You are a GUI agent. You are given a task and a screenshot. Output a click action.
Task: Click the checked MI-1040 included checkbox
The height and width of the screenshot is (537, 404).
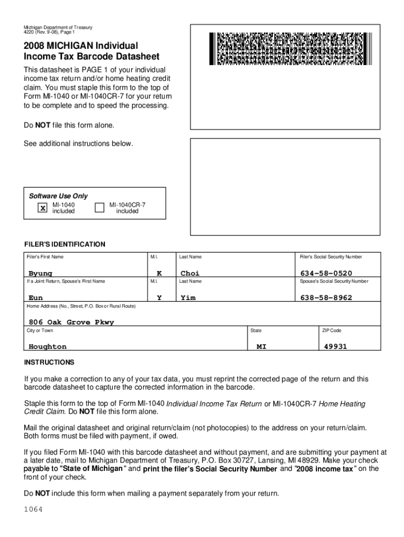coord(42,208)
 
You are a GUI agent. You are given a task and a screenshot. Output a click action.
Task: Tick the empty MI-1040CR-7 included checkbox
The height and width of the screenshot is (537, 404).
coord(99,208)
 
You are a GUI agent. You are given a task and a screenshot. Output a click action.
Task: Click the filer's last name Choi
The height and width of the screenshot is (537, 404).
coord(190,273)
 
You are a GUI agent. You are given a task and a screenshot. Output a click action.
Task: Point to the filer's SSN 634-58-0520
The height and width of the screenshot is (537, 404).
coord(326,273)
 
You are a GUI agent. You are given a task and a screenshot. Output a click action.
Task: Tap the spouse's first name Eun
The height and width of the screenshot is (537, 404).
coord(36,297)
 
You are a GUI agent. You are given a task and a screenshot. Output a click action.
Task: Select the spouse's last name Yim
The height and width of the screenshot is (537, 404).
coord(188,297)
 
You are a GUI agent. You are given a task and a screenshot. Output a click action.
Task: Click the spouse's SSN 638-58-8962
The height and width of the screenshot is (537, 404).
coord(326,297)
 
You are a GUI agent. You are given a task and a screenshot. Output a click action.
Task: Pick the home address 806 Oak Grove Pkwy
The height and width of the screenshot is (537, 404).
coord(71,322)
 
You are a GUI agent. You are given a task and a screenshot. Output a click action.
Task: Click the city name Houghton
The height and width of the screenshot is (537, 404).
coord(48,347)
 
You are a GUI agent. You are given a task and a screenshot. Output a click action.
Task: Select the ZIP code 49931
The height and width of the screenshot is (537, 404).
coord(335,347)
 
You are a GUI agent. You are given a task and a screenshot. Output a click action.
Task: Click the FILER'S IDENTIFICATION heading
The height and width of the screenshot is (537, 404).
coord(65,244)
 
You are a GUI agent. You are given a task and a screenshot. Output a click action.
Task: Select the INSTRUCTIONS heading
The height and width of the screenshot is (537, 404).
coord(49,362)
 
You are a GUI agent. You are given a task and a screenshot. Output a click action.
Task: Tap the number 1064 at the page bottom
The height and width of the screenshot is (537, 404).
coord(33,510)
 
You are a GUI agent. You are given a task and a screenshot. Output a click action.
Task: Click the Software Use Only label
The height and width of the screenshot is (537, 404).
coord(58,196)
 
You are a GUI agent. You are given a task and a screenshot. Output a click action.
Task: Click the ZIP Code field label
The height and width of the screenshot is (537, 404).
coord(331,330)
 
